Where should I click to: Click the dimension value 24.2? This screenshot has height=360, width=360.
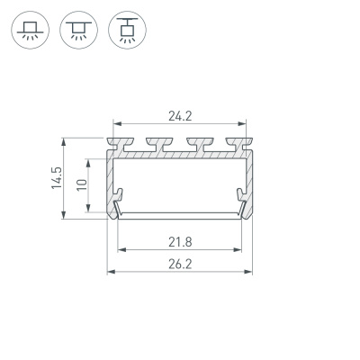[x=179, y=114]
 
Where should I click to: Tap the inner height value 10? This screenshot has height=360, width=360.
[x=81, y=184]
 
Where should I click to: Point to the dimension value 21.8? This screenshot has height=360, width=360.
[x=179, y=240]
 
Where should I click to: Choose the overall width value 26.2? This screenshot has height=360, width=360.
[x=179, y=263]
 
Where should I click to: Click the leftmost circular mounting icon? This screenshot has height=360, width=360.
[x=31, y=31]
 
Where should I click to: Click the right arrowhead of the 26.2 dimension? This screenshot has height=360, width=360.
[x=247, y=271]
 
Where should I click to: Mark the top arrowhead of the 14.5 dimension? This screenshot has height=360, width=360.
[x=64, y=140]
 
